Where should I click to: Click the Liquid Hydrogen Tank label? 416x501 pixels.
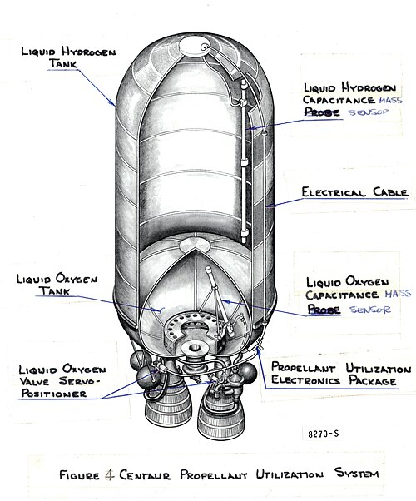click(x=68, y=57)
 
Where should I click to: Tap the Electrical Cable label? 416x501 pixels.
click(x=354, y=192)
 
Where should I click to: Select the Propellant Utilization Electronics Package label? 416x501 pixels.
click(x=341, y=375)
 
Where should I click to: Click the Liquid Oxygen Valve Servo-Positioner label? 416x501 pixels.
click(x=62, y=381)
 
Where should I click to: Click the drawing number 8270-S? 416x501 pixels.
click(x=324, y=434)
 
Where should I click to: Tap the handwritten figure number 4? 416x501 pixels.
click(x=109, y=475)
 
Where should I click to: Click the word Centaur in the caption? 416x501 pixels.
click(x=146, y=474)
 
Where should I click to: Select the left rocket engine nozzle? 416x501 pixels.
click(x=168, y=409)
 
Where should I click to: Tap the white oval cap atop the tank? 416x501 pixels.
click(x=191, y=46)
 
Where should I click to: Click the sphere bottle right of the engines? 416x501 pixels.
click(x=248, y=373)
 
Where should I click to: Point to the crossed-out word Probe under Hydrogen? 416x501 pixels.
click(x=322, y=112)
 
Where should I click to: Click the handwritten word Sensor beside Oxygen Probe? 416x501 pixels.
click(x=370, y=310)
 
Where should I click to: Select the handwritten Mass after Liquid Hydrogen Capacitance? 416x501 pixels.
click(x=390, y=100)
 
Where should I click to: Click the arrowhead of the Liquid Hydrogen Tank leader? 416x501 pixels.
click(x=113, y=103)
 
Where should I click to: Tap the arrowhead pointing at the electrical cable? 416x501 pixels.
click(x=269, y=206)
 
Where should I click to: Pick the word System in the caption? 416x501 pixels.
click(x=357, y=473)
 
